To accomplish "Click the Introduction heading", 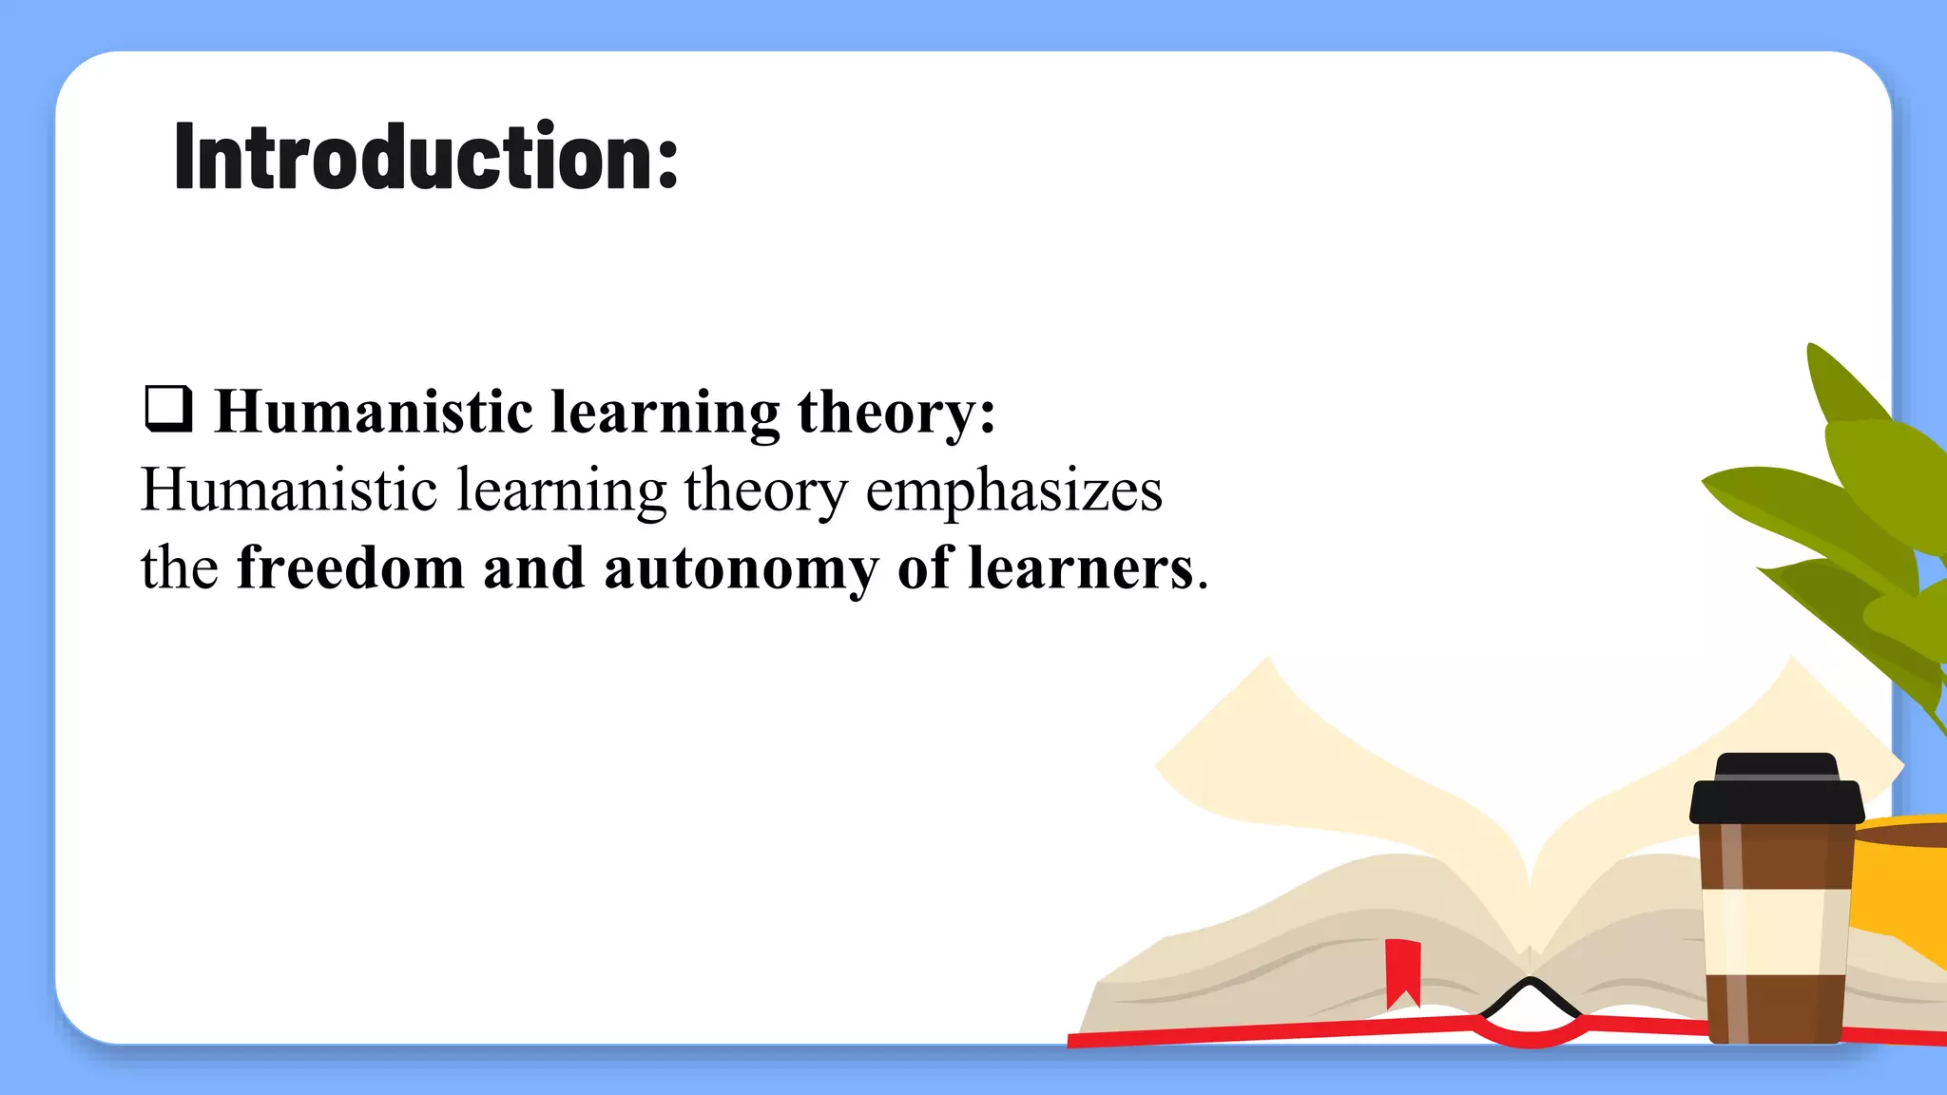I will (x=425, y=157).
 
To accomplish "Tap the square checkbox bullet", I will (x=168, y=409).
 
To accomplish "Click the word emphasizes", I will (x=1013, y=490).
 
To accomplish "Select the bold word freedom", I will (x=350, y=568).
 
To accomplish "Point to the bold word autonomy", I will (x=741, y=568).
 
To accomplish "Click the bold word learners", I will (x=1080, y=568).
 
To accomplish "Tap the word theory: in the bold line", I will (x=896, y=413).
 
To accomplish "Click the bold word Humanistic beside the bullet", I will (x=374, y=413).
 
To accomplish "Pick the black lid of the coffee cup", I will (x=1776, y=791).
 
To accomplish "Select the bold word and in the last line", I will (x=533, y=568).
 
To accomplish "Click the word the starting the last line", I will (x=180, y=568).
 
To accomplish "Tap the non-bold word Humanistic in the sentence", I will (x=289, y=490).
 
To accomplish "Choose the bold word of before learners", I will (x=923, y=568).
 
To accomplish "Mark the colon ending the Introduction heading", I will (x=668, y=162).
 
